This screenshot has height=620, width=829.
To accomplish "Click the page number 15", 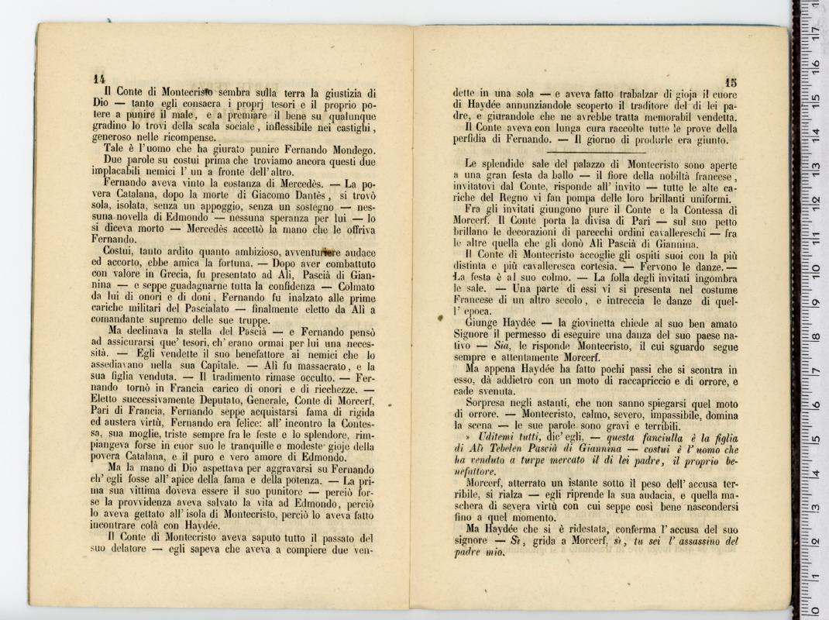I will [x=732, y=82].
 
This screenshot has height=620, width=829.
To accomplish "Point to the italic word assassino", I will [x=693, y=542].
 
